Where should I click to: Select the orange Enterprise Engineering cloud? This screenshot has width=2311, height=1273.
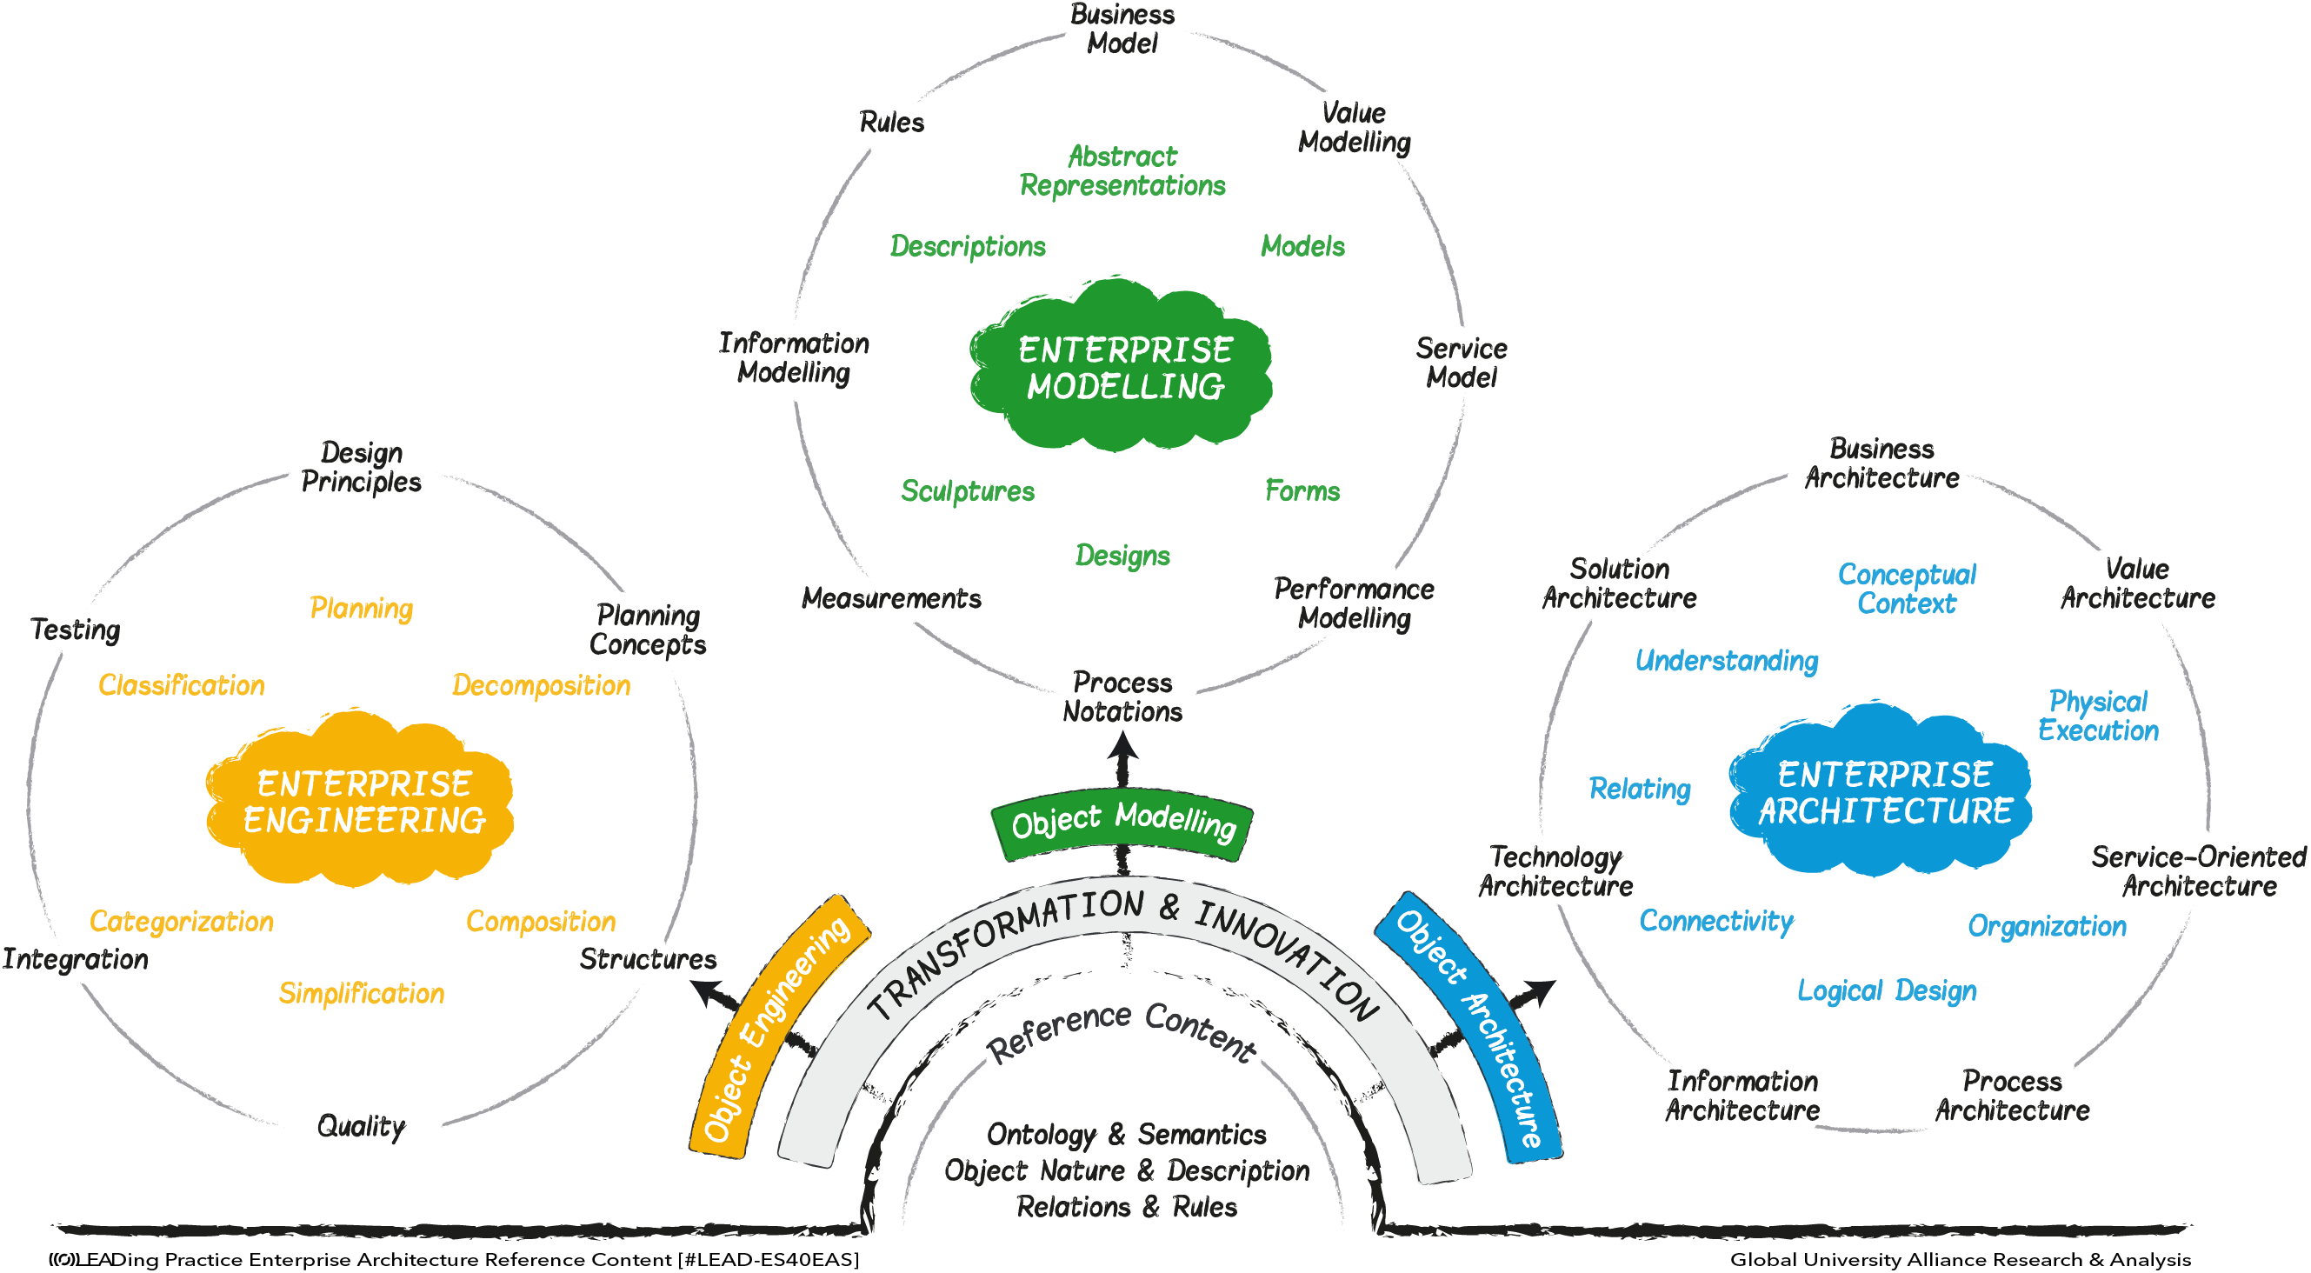(x=362, y=801)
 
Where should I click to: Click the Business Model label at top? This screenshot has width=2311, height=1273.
(x=1122, y=29)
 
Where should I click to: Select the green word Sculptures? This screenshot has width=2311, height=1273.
(x=967, y=491)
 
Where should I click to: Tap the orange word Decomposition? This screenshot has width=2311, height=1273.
(x=541, y=685)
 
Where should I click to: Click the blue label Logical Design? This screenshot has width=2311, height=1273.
(x=1887, y=990)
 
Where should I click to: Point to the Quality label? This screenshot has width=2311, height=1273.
(x=362, y=1126)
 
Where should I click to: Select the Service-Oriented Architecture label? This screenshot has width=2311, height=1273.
(x=2198, y=871)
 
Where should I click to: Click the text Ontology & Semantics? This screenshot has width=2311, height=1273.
(x=1126, y=1135)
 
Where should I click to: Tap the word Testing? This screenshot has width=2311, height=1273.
(x=76, y=630)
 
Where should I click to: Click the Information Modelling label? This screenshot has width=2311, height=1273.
(x=794, y=357)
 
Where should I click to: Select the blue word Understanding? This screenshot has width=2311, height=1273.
(x=1726, y=661)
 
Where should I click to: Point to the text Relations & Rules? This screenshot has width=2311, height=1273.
(x=1126, y=1207)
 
